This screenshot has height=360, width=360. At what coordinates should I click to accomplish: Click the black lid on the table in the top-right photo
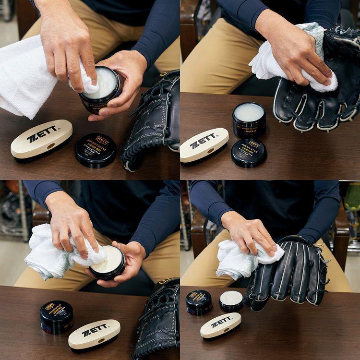coord(249,153)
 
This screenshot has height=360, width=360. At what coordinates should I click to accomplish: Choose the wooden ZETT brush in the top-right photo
coord(204,144)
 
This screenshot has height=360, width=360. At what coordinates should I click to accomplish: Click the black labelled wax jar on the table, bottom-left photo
coord(56,316)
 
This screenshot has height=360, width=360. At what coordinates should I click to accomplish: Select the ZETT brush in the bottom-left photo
coord(94,333)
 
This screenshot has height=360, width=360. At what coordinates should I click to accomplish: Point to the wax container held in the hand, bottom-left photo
coord(108,263)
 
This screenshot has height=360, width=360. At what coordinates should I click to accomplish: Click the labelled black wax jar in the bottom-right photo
coord(199,302)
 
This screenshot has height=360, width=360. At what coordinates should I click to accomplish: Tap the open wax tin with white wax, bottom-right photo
coord(231,301)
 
